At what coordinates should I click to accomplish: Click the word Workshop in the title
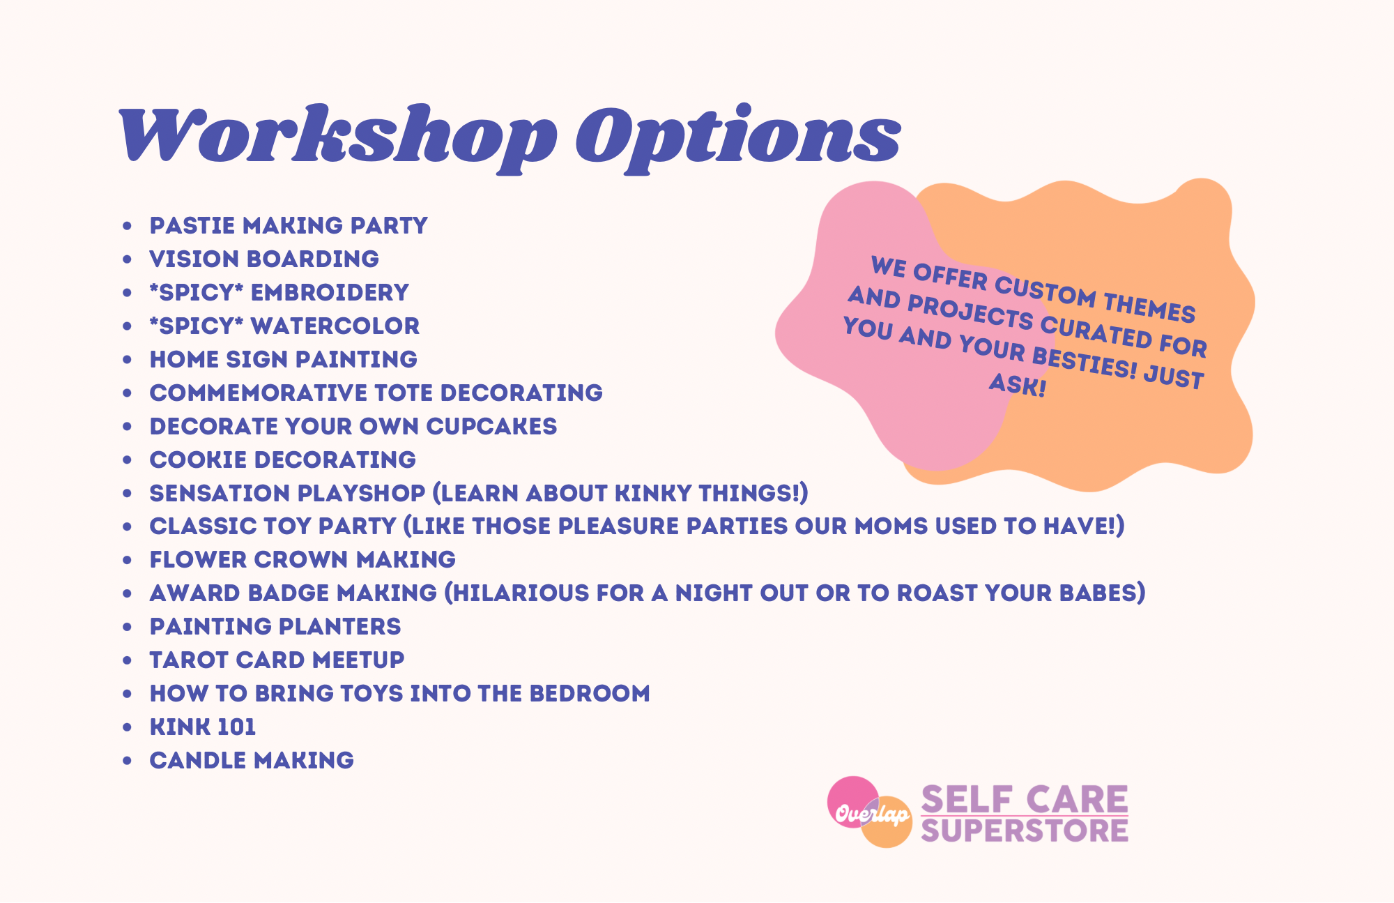(338, 136)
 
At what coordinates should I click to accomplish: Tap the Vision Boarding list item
(264, 259)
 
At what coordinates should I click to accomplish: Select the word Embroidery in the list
(330, 292)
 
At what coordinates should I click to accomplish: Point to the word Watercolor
(335, 326)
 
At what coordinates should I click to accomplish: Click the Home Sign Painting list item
(284, 359)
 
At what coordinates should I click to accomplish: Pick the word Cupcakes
(491, 426)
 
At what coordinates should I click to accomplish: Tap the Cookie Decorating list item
(283, 460)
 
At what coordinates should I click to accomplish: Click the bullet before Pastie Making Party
(127, 226)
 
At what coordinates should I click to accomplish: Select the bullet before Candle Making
(127, 761)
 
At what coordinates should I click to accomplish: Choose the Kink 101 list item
(203, 727)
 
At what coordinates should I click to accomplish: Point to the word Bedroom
(590, 693)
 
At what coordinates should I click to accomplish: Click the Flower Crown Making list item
(302, 559)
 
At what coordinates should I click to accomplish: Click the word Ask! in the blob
(1018, 384)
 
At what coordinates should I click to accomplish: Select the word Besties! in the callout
(1085, 361)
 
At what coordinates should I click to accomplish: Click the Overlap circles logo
(870, 812)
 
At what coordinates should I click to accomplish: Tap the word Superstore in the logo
(1025, 830)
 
